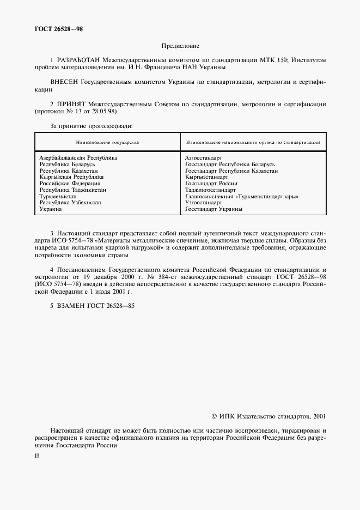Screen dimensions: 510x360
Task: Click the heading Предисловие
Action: click(180, 46)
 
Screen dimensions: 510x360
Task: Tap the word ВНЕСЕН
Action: click(64, 82)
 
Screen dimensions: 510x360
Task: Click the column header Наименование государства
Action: click(107, 142)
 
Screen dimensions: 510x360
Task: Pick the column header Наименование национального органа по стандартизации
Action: click(252, 142)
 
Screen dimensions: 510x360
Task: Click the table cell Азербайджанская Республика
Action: click(78, 157)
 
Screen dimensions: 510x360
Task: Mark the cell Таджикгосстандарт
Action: click(210, 190)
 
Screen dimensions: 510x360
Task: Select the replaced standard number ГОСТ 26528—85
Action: click(108, 306)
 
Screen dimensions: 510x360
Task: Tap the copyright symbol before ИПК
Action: click(214, 416)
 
